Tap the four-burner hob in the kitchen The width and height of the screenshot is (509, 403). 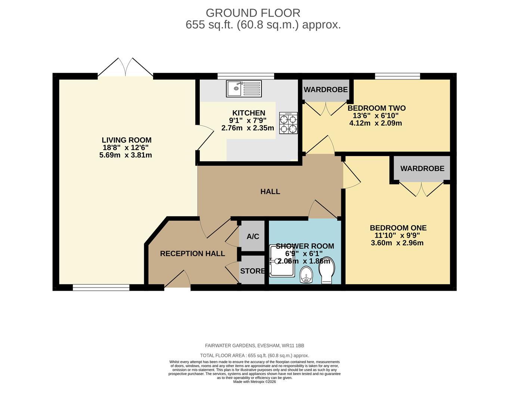tap(289, 123)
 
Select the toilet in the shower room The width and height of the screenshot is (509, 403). tap(327, 270)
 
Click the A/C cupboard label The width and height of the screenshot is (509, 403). tap(253, 237)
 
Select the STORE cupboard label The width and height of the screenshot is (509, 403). tap(252, 271)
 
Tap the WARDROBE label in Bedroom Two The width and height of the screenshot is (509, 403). tap(326, 90)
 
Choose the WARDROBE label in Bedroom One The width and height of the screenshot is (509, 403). tap(422, 169)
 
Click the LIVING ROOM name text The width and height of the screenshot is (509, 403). tap(127, 140)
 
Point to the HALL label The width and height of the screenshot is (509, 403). tap(270, 191)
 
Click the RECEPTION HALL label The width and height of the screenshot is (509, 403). tap(192, 254)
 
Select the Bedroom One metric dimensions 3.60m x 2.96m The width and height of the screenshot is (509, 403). tap(397, 243)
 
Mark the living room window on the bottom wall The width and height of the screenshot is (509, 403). tap(101, 287)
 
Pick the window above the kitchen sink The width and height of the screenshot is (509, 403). tap(246, 76)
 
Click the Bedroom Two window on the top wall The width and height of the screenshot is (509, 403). tap(397, 76)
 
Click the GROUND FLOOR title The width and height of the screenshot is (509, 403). tap(253, 13)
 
